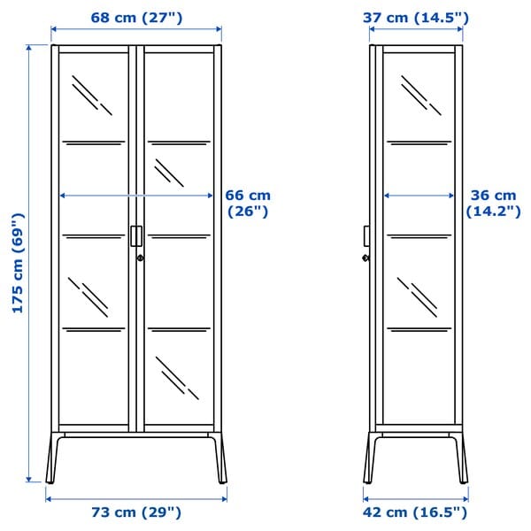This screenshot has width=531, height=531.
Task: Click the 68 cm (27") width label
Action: [136, 16]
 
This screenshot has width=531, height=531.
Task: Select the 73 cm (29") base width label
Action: [136, 512]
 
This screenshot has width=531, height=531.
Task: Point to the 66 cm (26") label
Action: [249, 203]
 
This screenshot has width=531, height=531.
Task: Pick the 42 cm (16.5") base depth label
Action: [415, 512]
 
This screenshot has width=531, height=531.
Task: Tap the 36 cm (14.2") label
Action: [492, 203]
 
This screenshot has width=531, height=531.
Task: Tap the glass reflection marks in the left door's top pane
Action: [92, 94]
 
